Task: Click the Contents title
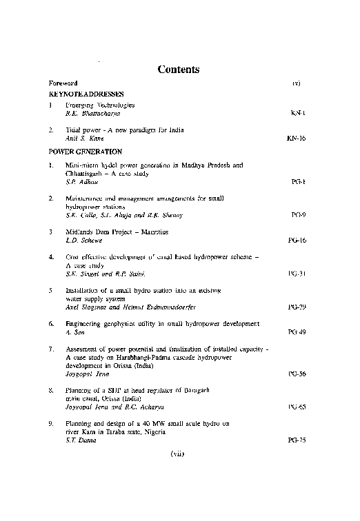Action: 179,69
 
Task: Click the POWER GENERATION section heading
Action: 86,150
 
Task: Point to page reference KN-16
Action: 296,138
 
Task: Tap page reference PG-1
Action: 298,181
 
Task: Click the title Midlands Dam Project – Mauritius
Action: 110,232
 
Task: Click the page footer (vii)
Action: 179,455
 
